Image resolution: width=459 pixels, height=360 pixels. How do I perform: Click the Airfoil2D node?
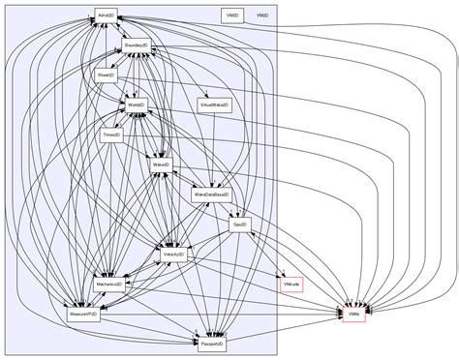[106, 16]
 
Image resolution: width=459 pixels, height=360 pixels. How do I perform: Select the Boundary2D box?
[136, 45]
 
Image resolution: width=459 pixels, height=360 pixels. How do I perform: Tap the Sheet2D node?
[105, 75]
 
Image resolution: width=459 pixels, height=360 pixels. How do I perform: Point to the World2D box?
[135, 104]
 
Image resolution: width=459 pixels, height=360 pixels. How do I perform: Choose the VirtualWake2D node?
[214, 104]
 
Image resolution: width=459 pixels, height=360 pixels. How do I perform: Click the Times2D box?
[111, 135]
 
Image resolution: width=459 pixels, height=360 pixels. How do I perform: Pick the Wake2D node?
[161, 165]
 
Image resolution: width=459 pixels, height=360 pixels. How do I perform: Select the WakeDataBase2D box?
[211, 195]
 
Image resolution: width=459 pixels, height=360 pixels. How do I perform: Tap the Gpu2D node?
[240, 225]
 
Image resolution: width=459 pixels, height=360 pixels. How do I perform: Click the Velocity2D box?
[174, 255]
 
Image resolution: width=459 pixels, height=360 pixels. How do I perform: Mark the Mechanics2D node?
[107, 285]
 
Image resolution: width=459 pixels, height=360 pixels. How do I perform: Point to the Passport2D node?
[211, 344]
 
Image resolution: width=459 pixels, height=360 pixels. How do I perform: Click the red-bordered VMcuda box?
[291, 285]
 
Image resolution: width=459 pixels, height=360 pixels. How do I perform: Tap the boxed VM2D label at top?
[231, 16]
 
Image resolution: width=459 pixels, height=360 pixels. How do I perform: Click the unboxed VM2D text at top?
[262, 16]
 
